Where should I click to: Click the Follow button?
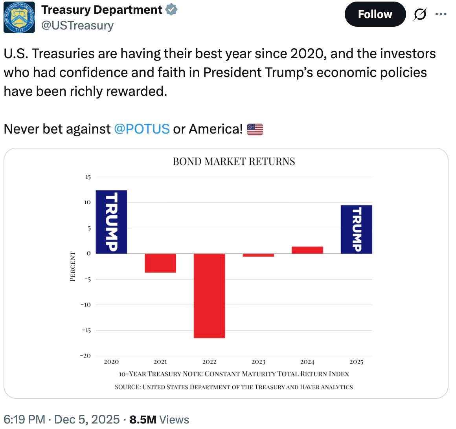[375, 15]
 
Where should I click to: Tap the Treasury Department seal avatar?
[19, 17]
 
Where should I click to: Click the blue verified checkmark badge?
[171, 9]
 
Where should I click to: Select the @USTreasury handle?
[77, 26]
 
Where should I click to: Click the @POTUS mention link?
[142, 128]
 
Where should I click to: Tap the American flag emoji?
[255, 129]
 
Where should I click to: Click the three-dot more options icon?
[441, 15]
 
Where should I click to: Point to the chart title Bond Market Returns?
[234, 161]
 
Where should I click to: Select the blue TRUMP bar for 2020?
[111, 222]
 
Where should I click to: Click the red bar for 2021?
[160, 263]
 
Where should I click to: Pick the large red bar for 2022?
[210, 295]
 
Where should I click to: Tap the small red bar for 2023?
[258, 255]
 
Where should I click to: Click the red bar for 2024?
[307, 250]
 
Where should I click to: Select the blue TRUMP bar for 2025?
[356, 229]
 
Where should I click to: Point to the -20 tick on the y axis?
[85, 356]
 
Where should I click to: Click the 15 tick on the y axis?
[87, 177]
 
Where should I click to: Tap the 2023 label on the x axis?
[258, 362]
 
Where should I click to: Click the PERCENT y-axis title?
[72, 266]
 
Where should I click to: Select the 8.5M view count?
[143, 419]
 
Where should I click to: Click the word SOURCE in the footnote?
[127, 387]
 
